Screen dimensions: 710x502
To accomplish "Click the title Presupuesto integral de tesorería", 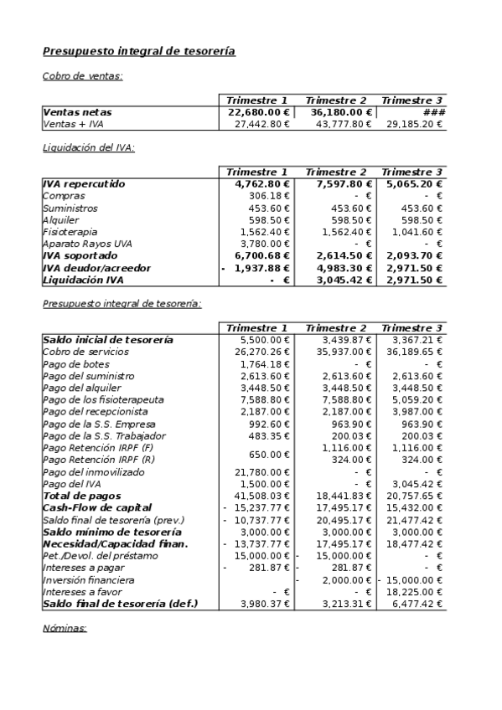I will pos(138,52).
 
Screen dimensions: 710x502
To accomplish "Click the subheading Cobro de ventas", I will pos(82,76).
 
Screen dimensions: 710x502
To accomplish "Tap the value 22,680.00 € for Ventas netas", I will pos(259,112).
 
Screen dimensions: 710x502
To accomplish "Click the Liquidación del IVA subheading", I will pos(88,148).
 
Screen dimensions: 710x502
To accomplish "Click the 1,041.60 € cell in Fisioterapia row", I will pos(420,232).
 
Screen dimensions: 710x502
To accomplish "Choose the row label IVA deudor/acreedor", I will pos(96,268).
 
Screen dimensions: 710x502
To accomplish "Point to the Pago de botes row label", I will pos(76,364).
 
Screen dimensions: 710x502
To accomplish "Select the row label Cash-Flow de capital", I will pos(96,507).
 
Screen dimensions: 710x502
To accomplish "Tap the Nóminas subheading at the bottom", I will pos(65,627).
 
